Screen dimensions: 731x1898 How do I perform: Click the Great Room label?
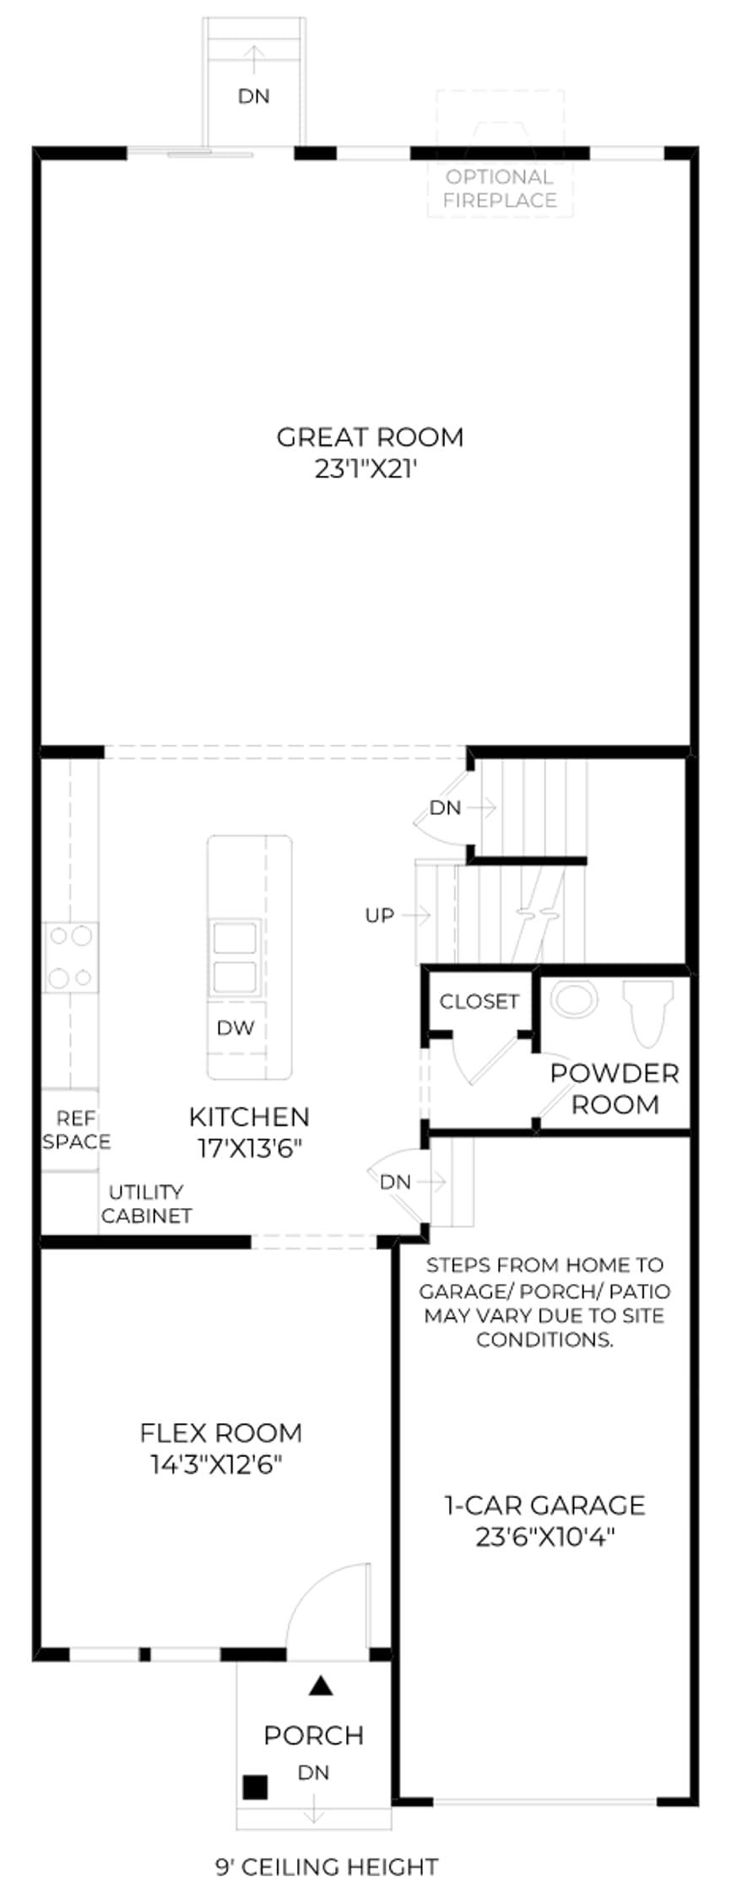pyautogui.click(x=370, y=437)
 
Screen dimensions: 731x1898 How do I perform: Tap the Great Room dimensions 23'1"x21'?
pyautogui.click(x=367, y=469)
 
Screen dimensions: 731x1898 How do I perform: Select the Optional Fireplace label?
pyautogui.click(x=500, y=188)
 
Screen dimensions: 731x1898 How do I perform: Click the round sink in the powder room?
pyautogui.click(x=574, y=998)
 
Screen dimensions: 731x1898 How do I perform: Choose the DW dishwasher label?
pyautogui.click(x=236, y=1027)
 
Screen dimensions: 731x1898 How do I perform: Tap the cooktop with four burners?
pyautogui.click(x=70, y=957)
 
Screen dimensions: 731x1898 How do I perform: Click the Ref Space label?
pyautogui.click(x=77, y=1130)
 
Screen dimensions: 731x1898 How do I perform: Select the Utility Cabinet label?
pyautogui.click(x=146, y=1204)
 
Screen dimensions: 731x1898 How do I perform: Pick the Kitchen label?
pyautogui.click(x=249, y=1117)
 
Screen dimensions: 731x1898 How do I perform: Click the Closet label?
pyautogui.click(x=479, y=1001)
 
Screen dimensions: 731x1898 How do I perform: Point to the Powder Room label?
pyautogui.click(x=615, y=1089)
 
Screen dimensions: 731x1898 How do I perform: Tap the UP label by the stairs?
pyautogui.click(x=380, y=915)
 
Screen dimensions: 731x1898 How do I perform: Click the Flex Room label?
pyautogui.click(x=220, y=1433)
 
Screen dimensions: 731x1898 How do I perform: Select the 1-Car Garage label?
pyautogui.click(x=544, y=1506)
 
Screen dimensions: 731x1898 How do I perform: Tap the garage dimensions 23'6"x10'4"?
pyautogui.click(x=544, y=1537)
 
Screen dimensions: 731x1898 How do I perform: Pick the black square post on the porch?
pyautogui.click(x=256, y=1787)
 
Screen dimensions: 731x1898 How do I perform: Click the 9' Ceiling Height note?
pyautogui.click(x=327, y=1868)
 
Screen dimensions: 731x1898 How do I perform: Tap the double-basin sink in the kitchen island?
pyautogui.click(x=235, y=957)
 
